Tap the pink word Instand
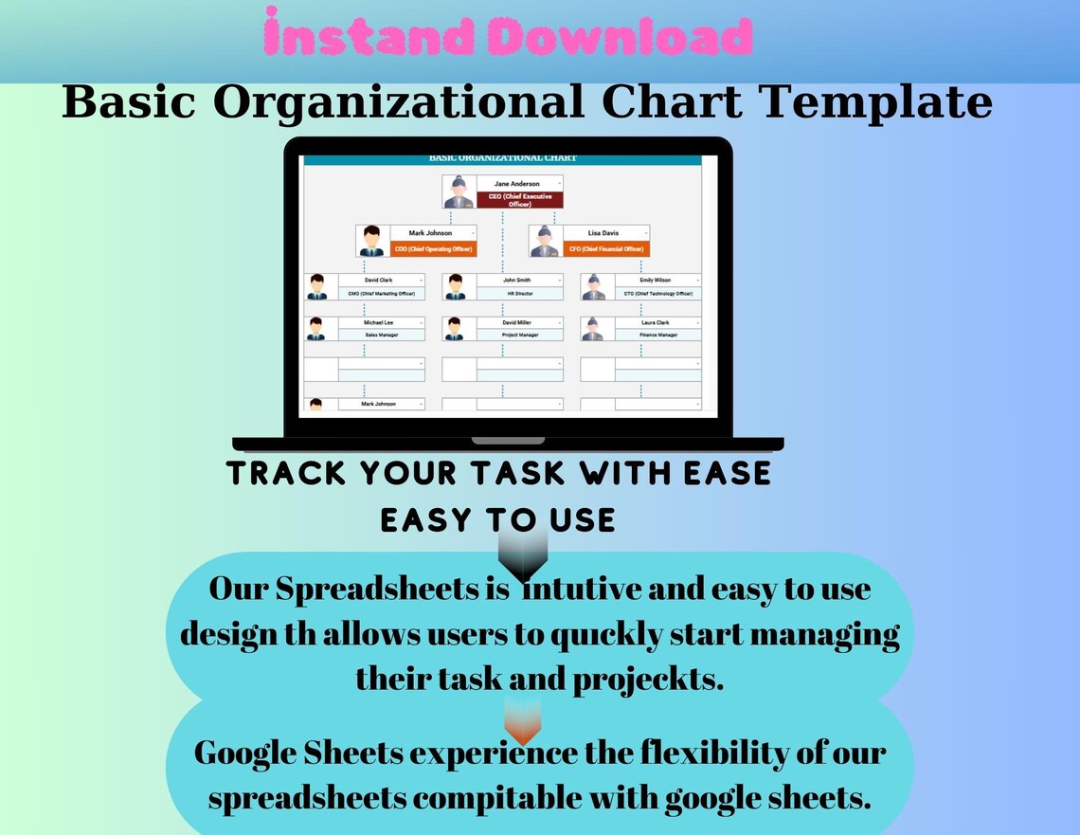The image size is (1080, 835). point(374,39)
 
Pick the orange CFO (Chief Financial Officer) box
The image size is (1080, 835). point(606,249)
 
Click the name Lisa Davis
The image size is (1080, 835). point(603,232)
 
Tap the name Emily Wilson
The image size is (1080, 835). point(655,281)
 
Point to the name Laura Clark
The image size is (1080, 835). point(655,322)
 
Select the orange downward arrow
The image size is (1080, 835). point(523,721)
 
